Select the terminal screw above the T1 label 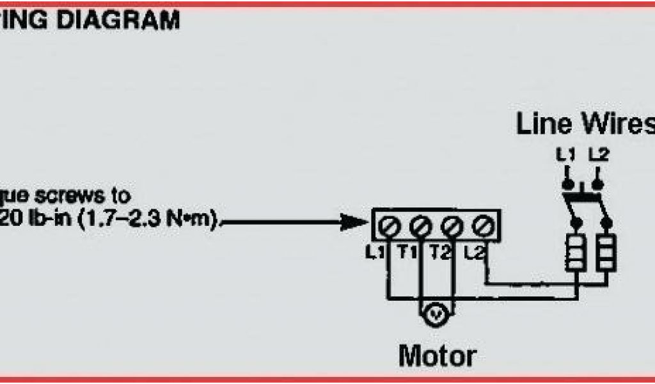(420, 225)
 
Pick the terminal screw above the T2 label (452, 225)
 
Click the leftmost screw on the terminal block (388, 225)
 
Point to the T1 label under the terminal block (408, 253)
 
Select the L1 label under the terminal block (375, 253)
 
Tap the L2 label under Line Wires (597, 154)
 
